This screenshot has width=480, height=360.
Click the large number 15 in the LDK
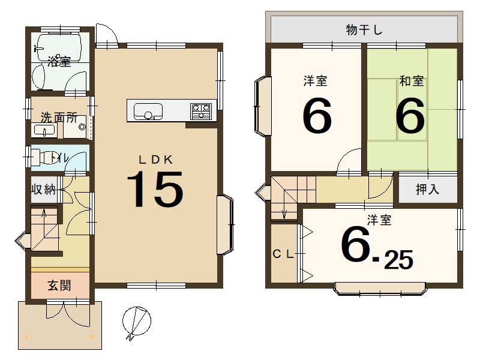tap(155, 190)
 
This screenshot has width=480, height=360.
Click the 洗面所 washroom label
tap(58, 117)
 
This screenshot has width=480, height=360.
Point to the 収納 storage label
tap(44, 190)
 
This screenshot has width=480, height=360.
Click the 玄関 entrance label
tap(59, 285)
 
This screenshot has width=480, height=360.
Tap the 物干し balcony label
tap(364, 29)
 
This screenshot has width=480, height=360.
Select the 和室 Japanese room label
tap(412, 81)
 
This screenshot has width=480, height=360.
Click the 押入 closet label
tap(428, 190)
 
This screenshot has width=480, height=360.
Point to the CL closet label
tap(283, 254)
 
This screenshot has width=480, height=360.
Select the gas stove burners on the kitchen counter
tap(201, 110)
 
